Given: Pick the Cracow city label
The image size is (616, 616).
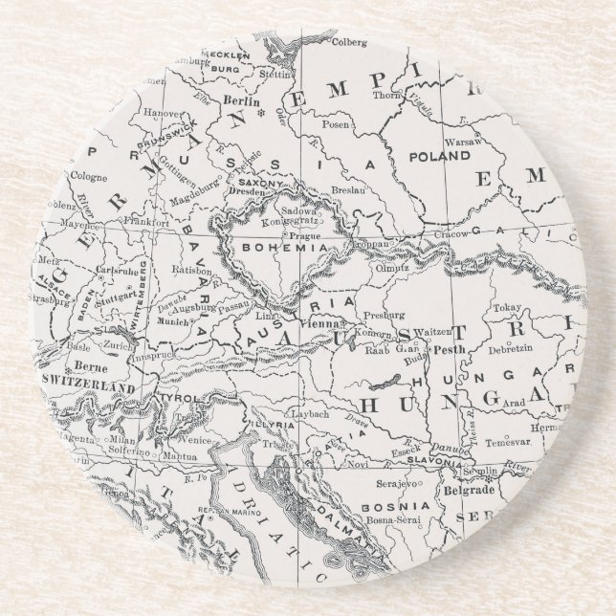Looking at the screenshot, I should pyautogui.click(x=450, y=232).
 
